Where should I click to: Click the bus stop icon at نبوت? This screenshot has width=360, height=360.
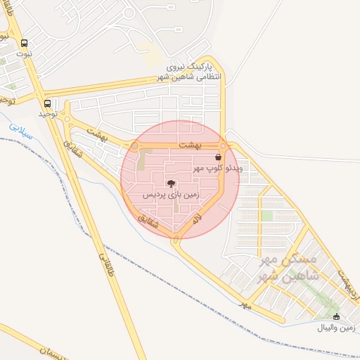click(x=25, y=43)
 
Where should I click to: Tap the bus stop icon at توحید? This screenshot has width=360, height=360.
click(x=47, y=103)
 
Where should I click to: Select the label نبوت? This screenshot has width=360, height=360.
click(x=25, y=53)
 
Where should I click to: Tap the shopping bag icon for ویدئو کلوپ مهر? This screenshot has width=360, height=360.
click(x=218, y=157)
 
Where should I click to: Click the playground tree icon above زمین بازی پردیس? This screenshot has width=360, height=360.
click(x=173, y=183)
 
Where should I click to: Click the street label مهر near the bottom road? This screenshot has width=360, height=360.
click(x=245, y=305)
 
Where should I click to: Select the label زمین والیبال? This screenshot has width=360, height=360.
click(x=337, y=328)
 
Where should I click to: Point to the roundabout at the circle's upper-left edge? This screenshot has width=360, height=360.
click(x=134, y=146)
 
